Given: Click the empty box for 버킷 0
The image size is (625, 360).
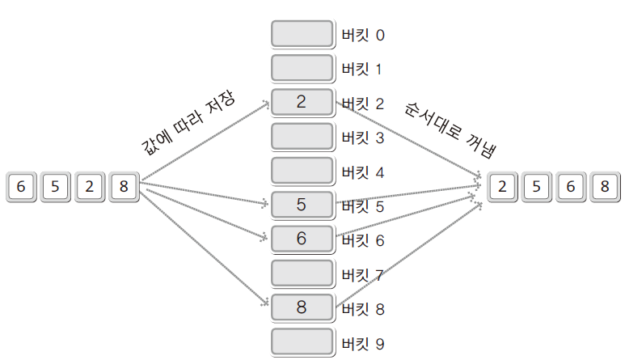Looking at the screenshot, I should pyautogui.click(x=302, y=34).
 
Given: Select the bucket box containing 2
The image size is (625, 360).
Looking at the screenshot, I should pyautogui.click(x=302, y=102).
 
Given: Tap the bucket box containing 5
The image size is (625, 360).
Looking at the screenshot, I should pyautogui.click(x=302, y=205).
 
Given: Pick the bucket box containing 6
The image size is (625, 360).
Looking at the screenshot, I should pyautogui.click(x=302, y=239).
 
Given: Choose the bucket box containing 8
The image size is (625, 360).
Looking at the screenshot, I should pyautogui.click(x=302, y=307).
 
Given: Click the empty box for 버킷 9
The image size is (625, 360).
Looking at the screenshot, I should pyautogui.click(x=302, y=341).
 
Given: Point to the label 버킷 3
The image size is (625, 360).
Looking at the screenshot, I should pyautogui.click(x=363, y=138).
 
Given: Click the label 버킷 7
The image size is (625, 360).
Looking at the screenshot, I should pyautogui.click(x=363, y=275).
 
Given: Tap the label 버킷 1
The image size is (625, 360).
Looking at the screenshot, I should pyautogui.click(x=363, y=70).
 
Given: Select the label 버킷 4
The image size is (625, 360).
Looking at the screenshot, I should pyautogui.click(x=363, y=172).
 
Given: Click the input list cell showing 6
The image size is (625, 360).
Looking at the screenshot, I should pyautogui.click(x=21, y=187).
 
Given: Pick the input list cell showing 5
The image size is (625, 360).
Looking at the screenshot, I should pyautogui.click(x=55, y=187).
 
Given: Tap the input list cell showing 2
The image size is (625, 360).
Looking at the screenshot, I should pyautogui.click(x=89, y=187).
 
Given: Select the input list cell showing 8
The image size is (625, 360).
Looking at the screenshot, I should pyautogui.click(x=123, y=187).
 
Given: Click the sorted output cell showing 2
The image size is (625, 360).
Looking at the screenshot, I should pyautogui.click(x=501, y=187).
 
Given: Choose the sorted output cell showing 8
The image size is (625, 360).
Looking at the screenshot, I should pyautogui.click(x=603, y=187).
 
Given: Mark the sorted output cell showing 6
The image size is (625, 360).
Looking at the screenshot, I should pyautogui.click(x=569, y=187).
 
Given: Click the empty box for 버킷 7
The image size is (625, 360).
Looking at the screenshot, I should pyautogui.click(x=302, y=273).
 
